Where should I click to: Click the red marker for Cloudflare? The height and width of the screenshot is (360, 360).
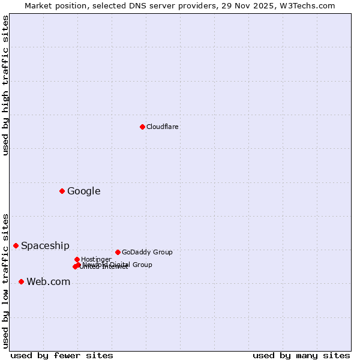(142, 127)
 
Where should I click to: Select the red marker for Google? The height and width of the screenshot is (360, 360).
(62, 191)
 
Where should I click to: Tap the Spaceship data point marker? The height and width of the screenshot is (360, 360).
(16, 245)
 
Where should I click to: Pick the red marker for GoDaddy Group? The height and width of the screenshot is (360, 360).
(118, 252)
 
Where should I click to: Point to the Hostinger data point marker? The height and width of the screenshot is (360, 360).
(77, 259)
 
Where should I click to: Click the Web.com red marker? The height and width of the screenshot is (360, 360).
(21, 281)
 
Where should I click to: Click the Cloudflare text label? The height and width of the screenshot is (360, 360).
(162, 127)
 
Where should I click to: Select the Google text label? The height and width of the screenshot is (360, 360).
(83, 191)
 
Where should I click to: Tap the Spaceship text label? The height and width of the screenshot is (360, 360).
(45, 245)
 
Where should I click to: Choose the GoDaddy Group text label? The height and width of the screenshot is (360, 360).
(147, 252)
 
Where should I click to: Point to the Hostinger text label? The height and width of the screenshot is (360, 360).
(96, 259)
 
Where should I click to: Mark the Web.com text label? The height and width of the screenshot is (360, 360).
(48, 282)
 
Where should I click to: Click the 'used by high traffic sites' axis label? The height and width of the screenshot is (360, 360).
(5, 85)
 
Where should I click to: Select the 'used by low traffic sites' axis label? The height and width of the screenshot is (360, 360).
(5, 280)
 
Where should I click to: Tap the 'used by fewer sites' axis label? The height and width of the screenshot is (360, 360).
(62, 355)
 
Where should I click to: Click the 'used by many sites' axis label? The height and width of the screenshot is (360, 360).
(301, 355)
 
